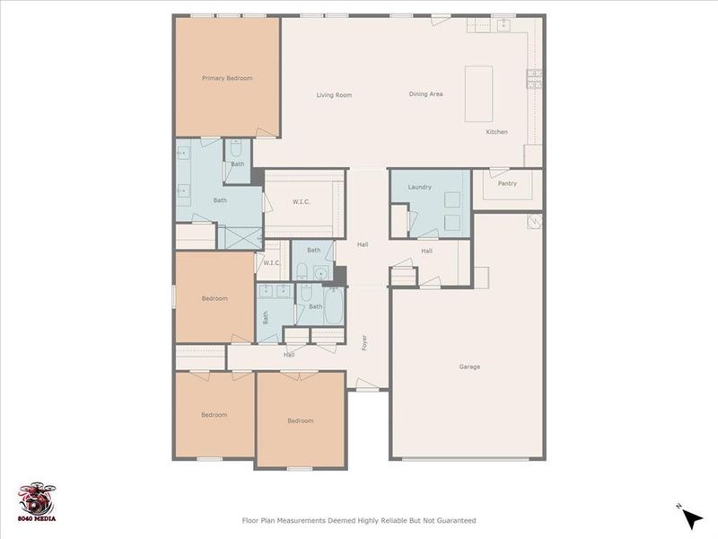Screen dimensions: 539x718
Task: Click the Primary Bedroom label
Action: point(226,78)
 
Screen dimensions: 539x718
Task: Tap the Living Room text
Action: point(333,94)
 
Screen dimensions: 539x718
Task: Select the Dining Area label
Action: point(425,94)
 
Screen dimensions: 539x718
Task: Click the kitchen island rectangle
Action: point(479,93)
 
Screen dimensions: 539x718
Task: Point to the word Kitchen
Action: point(496,132)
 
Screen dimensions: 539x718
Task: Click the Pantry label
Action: point(507,184)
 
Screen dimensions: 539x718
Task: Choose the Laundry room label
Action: point(419,187)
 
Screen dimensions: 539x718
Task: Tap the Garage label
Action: point(468,367)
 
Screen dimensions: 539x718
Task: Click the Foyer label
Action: point(365,343)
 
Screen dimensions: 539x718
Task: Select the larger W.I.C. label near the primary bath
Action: point(301,201)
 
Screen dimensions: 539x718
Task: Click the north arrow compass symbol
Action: point(689,517)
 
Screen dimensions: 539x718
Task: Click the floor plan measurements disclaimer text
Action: point(359,520)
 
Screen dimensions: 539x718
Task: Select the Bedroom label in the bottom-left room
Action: point(214,415)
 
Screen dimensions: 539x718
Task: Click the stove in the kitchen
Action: point(534,78)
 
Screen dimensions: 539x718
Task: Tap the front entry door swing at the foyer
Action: point(368,384)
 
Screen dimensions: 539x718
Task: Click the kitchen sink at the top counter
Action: point(503,25)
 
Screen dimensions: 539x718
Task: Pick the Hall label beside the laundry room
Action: point(426,251)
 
